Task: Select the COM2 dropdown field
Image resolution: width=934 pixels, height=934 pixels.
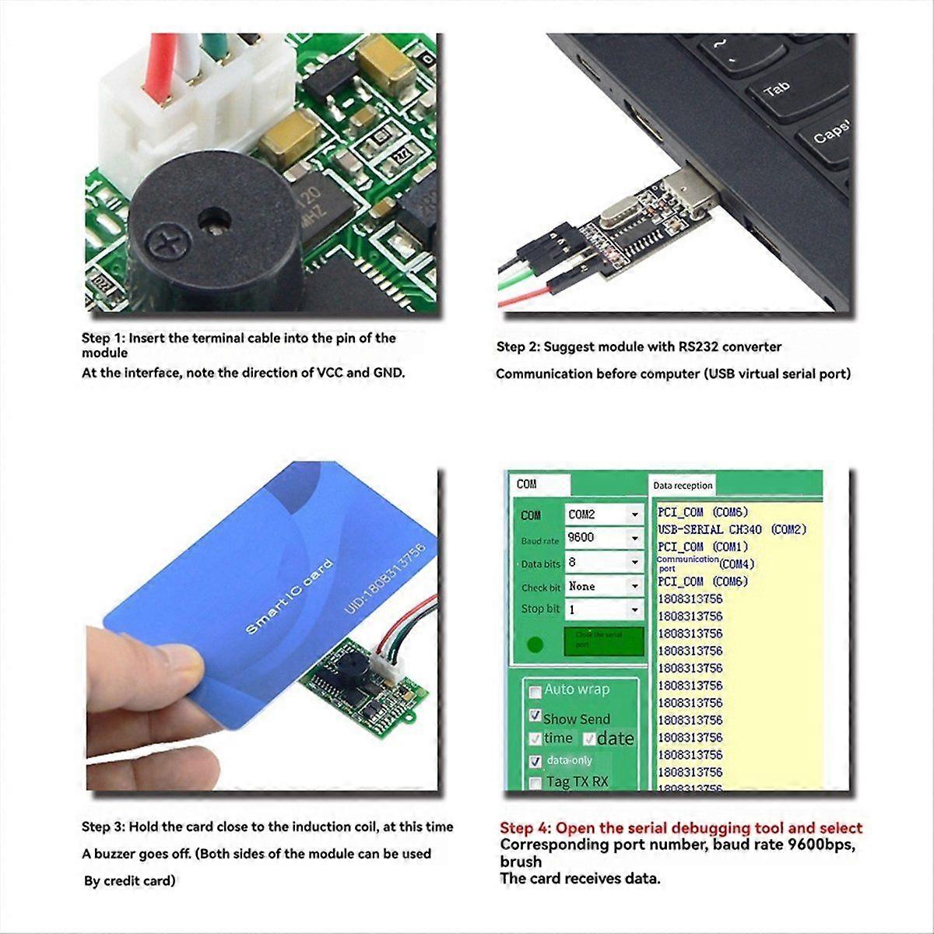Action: coord(604,514)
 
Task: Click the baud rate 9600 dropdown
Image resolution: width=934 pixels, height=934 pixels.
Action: coord(604,538)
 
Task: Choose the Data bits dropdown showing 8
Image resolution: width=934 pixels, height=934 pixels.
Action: coord(604,562)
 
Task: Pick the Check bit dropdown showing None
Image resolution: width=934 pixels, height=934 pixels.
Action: coord(604,586)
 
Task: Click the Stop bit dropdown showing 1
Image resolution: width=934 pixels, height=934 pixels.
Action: coord(604,609)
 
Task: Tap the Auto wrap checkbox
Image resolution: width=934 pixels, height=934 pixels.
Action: coord(535,690)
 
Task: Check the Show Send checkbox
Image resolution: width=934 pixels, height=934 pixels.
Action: coord(535,715)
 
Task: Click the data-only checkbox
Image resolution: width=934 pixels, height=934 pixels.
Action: coord(535,761)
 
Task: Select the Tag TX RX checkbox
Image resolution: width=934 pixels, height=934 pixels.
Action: coord(535,782)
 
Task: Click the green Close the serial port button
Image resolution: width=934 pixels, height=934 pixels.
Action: coord(603,641)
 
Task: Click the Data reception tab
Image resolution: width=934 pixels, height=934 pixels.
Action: coord(683,486)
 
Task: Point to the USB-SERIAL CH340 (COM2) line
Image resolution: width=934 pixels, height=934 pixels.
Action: coord(732,529)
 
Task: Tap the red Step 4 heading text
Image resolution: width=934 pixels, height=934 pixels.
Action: coord(680,828)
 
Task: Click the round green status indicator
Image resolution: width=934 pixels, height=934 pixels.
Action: coord(535,644)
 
